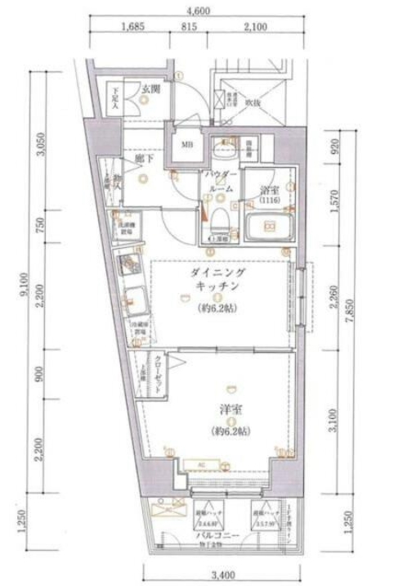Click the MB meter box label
pyautogui.click(x=186, y=146)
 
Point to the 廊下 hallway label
pyautogui.click(x=145, y=160)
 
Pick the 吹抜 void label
pyautogui.click(x=253, y=103)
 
